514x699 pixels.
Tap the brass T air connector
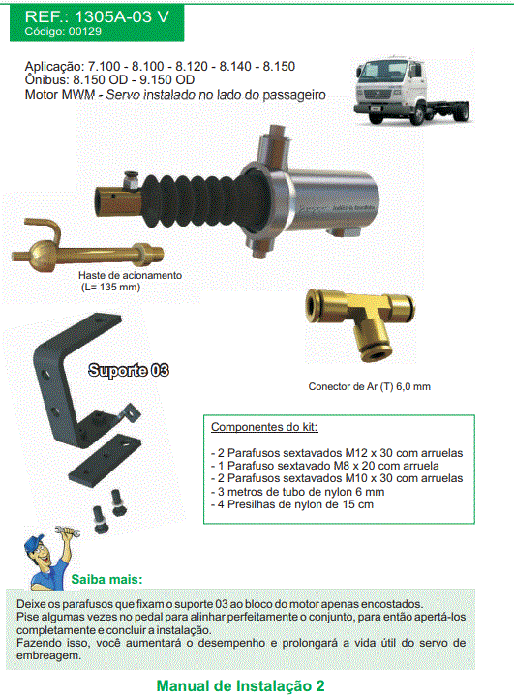(x=360, y=322)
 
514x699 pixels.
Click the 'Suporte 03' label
(x=129, y=370)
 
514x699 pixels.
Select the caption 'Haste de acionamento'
(x=130, y=275)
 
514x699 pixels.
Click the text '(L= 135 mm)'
(x=111, y=287)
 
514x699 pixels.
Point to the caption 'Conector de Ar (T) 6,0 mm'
(x=369, y=386)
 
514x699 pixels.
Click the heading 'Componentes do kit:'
(x=264, y=427)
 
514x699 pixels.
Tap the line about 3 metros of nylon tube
(x=298, y=491)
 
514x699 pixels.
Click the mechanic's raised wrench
(x=68, y=532)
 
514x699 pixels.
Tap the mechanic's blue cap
(x=35, y=544)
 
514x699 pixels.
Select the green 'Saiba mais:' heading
(x=107, y=579)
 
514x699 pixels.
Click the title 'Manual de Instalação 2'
(x=240, y=685)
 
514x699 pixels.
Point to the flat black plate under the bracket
(x=106, y=460)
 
